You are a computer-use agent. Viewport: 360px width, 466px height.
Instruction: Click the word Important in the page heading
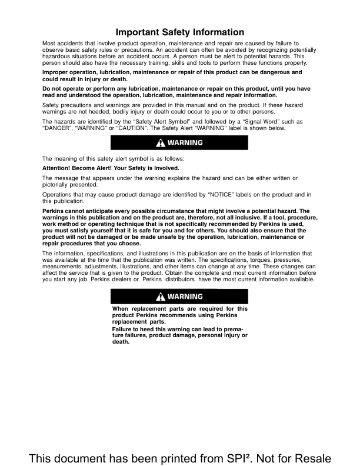(139, 32)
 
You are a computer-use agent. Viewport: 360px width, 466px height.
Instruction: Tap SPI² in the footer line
(222, 457)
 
